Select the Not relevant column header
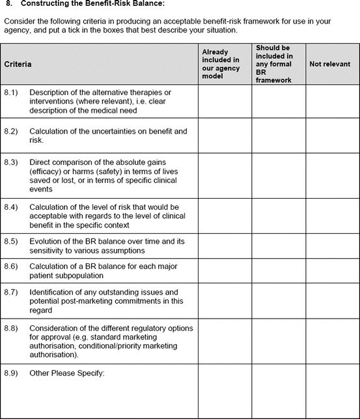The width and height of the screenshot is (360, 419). [329, 65]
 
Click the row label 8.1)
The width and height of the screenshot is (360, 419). [12, 92]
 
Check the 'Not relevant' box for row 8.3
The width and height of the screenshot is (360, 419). [331, 175]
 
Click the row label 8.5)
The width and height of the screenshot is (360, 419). [12, 241]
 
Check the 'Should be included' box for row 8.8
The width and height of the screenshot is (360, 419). [277, 341]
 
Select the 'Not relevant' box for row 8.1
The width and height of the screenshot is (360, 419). [331, 101]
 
